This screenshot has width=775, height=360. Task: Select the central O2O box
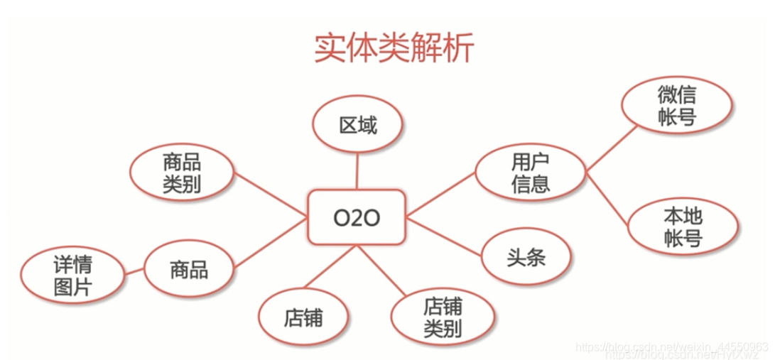[357, 217]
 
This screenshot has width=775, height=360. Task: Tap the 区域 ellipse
[357, 126]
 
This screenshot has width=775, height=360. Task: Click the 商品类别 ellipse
[182, 172]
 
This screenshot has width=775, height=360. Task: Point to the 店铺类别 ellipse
[443, 317]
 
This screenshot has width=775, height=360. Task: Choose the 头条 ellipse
[526, 256]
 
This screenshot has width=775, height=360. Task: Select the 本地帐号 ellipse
[682, 227]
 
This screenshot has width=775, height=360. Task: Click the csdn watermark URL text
[671, 348]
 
